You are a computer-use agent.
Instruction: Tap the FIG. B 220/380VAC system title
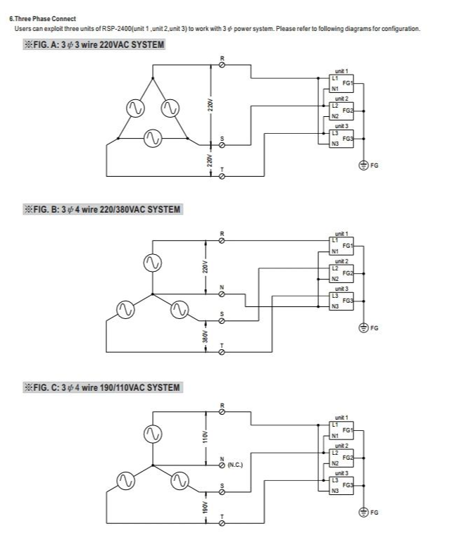(x=102, y=209)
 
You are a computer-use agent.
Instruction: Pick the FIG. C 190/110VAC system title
(x=102, y=387)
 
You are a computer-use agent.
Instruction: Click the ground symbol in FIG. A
(x=363, y=165)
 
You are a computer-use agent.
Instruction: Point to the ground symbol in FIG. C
(x=363, y=512)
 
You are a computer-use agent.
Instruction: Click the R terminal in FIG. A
(x=223, y=64)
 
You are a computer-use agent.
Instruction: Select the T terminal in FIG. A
(x=223, y=177)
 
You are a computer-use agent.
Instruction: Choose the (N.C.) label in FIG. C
(x=235, y=465)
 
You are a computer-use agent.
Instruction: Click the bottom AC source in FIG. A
(x=151, y=139)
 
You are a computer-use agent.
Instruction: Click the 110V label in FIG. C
(x=206, y=437)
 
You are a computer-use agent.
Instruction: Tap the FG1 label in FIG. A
(x=347, y=83)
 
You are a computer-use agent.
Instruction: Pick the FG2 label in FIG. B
(x=347, y=272)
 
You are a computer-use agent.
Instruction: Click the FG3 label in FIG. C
(x=347, y=485)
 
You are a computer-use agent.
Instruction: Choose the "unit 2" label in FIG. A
(x=341, y=99)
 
